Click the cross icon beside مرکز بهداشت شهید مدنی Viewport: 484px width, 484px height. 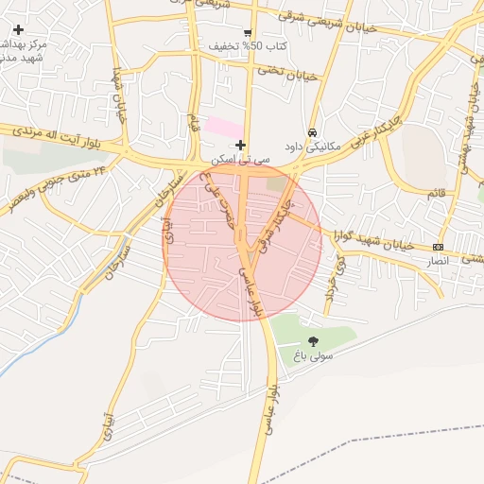click(x=18, y=30)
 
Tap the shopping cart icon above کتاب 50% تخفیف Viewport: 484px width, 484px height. click(x=248, y=31)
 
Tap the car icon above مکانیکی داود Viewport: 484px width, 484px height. click(x=312, y=132)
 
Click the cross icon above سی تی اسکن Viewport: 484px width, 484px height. click(x=241, y=145)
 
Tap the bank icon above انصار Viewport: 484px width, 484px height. click(x=437, y=246)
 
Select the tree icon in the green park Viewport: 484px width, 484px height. click(x=314, y=341)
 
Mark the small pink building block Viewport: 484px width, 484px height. click(x=223, y=127)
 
